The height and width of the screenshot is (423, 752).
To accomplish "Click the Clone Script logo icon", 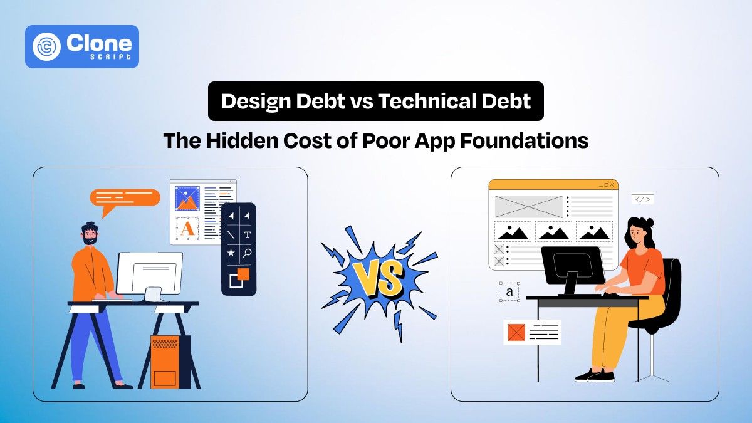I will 47,46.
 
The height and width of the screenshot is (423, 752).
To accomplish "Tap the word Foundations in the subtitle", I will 524,141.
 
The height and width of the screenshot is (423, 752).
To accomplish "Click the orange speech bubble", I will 125,197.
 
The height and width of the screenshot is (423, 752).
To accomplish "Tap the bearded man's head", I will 90,233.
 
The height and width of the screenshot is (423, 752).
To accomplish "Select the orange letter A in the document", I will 187,229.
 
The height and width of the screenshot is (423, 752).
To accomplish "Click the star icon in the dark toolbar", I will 231,253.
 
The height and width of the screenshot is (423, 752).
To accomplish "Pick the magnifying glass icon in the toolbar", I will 248,253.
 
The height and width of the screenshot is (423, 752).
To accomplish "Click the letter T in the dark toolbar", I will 248,235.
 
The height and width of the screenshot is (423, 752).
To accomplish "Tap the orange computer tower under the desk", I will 165,362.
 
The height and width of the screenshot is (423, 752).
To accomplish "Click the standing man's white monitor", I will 150,273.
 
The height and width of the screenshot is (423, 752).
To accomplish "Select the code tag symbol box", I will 642,199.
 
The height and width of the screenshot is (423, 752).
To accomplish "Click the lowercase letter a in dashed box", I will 509,291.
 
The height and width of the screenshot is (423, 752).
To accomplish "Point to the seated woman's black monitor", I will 572,265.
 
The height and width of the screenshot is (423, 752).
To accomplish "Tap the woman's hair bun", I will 649,221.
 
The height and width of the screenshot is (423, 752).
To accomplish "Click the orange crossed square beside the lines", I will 516,332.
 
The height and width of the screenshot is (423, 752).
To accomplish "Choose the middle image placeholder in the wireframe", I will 553,231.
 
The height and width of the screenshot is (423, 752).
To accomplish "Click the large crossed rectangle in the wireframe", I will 529,206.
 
